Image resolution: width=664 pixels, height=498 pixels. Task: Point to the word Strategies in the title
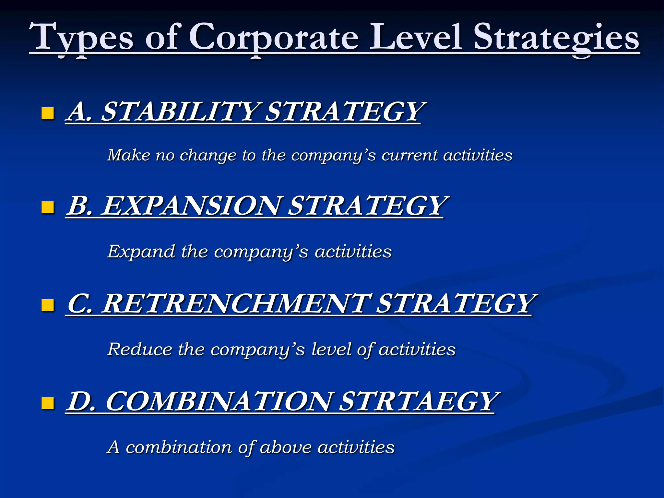pyautogui.click(x=556, y=38)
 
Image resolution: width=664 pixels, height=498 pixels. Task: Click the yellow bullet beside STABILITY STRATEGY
pyautogui.click(x=48, y=113)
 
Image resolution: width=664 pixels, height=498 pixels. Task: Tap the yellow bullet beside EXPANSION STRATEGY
pyautogui.click(x=48, y=207)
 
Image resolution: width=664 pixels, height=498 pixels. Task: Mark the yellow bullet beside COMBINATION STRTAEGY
pyautogui.click(x=48, y=403)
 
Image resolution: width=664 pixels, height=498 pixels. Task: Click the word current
pyautogui.click(x=409, y=155)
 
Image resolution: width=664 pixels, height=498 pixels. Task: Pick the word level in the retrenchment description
pyautogui.click(x=331, y=350)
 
